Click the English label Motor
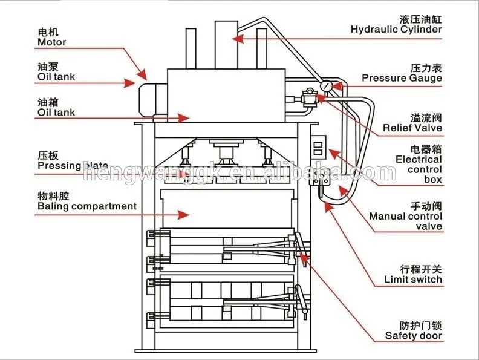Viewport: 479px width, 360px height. (x=52, y=42)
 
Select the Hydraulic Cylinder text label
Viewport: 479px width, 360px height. (x=396, y=29)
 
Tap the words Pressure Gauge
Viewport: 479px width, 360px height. (x=402, y=78)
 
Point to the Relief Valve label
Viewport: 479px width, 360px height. (x=412, y=128)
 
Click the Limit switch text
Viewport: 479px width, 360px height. (x=413, y=280)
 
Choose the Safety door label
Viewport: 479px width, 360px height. (x=414, y=336)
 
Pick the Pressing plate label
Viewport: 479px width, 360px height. (x=73, y=165)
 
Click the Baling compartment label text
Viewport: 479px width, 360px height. (x=87, y=206)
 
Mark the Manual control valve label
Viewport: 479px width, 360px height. (x=405, y=221)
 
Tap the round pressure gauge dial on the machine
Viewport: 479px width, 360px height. (x=327, y=87)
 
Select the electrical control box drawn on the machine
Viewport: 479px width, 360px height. (x=318, y=148)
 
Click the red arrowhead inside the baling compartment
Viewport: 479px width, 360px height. (x=181, y=214)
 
